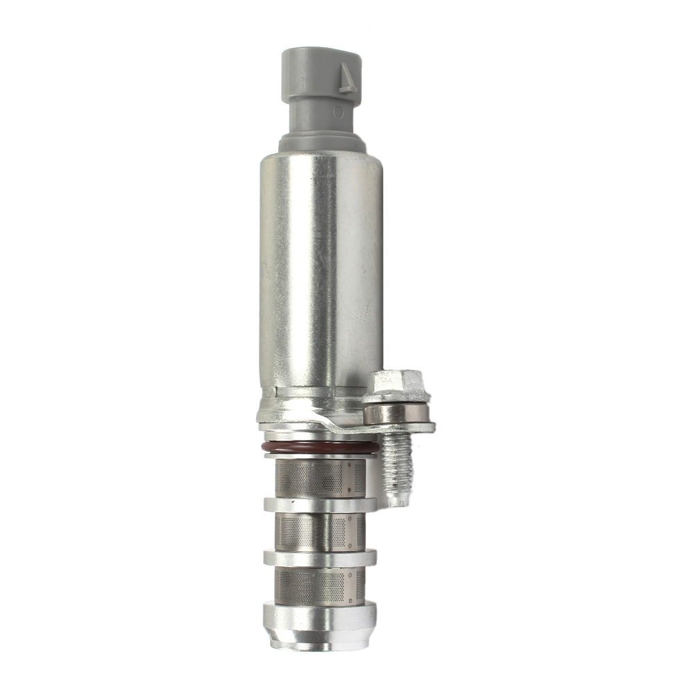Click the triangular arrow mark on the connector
pos(347,78)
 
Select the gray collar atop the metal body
pos(322,144)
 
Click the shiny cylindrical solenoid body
pos(321,271)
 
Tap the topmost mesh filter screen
pos(320,478)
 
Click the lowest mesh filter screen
pos(320,585)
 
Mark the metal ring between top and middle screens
pos(320,505)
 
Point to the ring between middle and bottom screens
pos(320,557)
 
